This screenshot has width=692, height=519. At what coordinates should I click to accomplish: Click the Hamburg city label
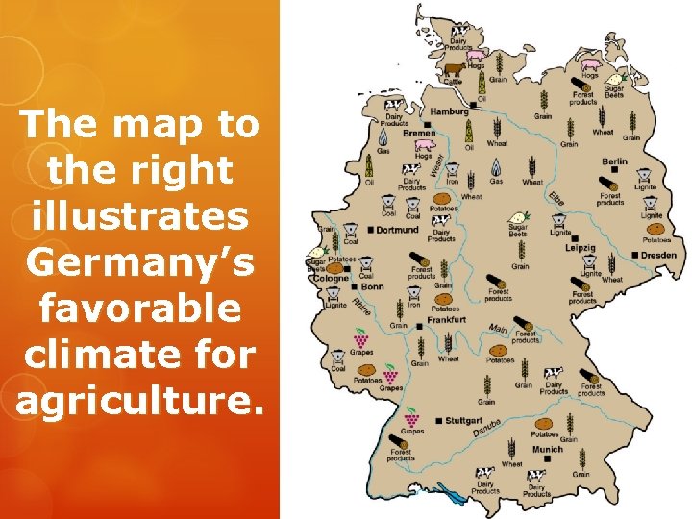(x=450, y=111)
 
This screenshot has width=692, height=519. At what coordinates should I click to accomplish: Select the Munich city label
(x=547, y=449)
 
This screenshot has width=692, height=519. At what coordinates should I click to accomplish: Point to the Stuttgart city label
(x=464, y=420)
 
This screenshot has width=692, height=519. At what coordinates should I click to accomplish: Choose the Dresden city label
(x=659, y=255)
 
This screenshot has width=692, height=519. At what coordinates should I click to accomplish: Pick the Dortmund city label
(x=397, y=230)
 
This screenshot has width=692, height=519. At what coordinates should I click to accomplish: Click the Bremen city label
(x=420, y=134)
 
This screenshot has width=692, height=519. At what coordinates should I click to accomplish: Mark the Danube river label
(x=486, y=423)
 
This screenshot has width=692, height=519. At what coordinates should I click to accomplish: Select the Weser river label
(x=433, y=165)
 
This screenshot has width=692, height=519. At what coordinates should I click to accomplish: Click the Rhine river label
(x=361, y=309)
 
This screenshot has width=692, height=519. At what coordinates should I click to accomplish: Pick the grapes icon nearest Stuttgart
(x=411, y=418)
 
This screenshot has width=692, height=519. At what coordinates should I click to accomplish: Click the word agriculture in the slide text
(x=138, y=400)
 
